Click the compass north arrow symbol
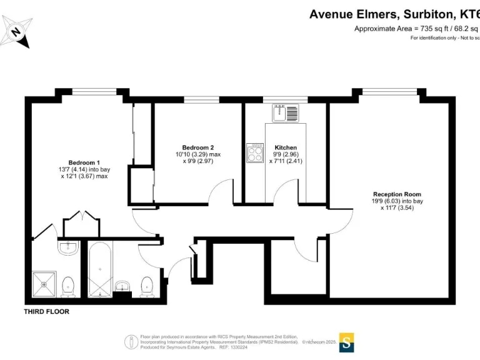[16, 31]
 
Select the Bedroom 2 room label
[198, 147]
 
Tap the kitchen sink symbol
[284, 113]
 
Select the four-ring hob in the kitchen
[255, 153]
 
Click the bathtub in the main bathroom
[101, 270]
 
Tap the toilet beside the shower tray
[69, 286]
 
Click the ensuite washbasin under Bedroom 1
[68, 248]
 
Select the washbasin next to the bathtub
[123, 287]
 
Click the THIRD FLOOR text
[46, 311]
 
